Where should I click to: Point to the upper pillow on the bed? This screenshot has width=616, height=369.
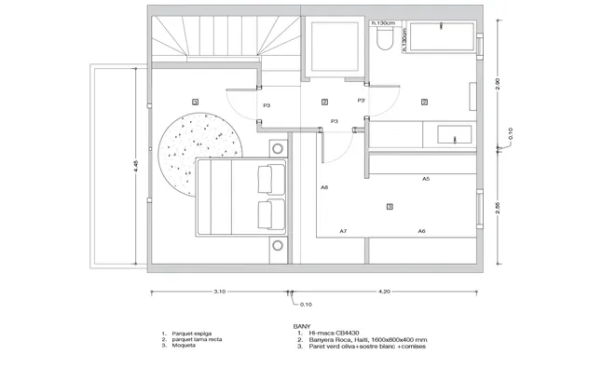(x=269, y=177)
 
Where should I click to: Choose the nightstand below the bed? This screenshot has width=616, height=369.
(x=277, y=245)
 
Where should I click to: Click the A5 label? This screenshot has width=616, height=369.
(x=425, y=178)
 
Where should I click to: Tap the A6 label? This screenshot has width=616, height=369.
(x=421, y=230)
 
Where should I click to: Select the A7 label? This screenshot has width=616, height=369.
(x=343, y=230)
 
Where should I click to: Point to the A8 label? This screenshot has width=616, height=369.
(x=324, y=187)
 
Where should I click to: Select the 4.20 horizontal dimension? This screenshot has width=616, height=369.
(x=384, y=292)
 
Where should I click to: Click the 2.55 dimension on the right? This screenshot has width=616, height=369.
(x=498, y=207)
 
